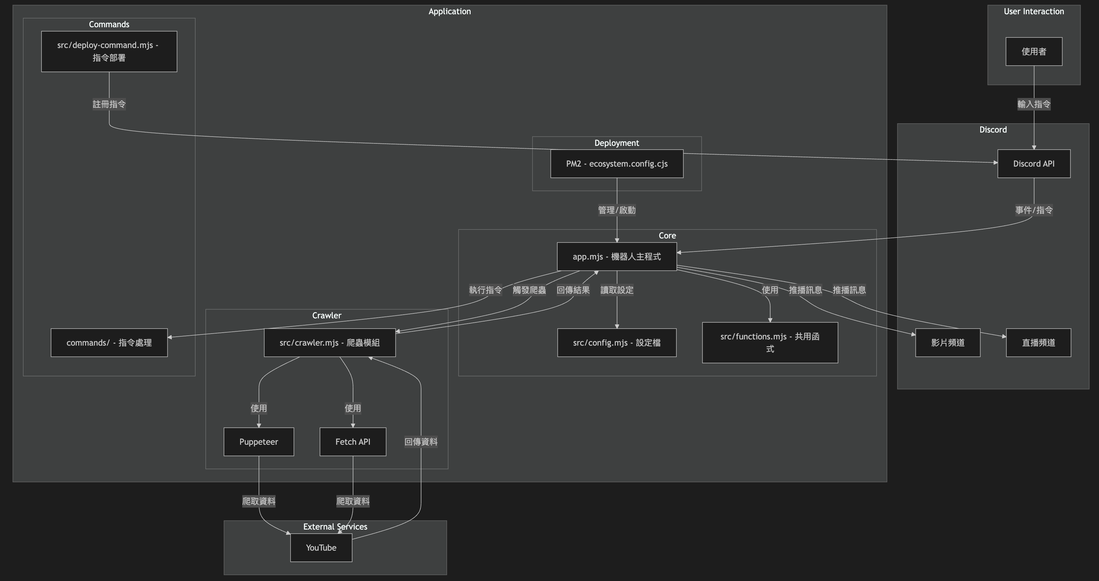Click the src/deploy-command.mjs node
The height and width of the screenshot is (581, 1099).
[109, 51]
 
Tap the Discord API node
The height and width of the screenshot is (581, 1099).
[1033, 164]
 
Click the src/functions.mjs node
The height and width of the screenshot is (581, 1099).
[770, 342]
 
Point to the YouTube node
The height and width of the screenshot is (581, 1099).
[321, 548]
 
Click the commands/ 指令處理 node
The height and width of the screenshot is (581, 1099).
[109, 342]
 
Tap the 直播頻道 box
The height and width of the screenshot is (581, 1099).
[1038, 342]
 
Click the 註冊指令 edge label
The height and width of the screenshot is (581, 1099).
[109, 104]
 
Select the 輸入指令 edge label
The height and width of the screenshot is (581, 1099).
[1033, 104]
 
